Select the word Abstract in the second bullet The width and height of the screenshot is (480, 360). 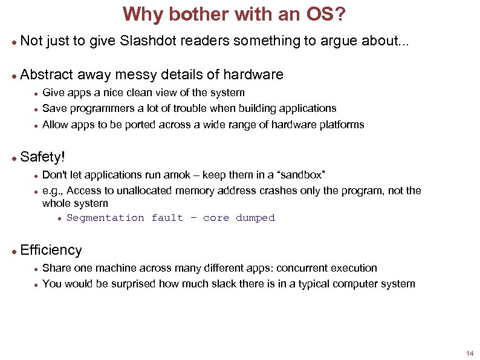(x=47, y=75)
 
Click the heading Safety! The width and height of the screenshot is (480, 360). (x=42, y=157)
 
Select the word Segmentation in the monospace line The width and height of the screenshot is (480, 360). (x=105, y=218)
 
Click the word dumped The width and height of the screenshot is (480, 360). (x=255, y=218)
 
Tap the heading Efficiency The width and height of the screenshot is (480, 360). (x=51, y=250)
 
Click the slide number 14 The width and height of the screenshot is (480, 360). (x=470, y=353)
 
